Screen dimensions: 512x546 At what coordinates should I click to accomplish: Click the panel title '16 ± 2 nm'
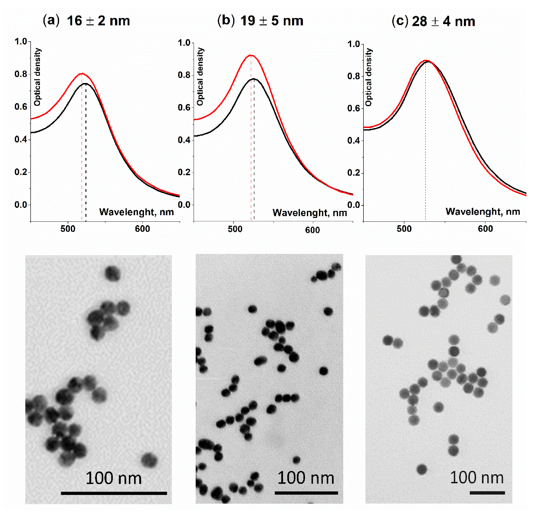[x=98, y=21]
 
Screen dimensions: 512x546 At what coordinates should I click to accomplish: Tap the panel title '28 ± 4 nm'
[x=444, y=22]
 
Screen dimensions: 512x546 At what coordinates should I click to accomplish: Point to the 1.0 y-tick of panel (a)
[x=21, y=42]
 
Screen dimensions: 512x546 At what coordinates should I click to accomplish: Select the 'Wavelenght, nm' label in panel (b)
[x=310, y=213]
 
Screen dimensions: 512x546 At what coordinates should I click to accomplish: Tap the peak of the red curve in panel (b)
[x=251, y=55]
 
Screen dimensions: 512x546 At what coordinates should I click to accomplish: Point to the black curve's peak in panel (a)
[x=86, y=83]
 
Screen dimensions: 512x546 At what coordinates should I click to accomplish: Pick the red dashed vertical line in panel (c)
[x=425, y=151]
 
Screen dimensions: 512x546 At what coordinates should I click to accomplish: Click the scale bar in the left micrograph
[x=114, y=493]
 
